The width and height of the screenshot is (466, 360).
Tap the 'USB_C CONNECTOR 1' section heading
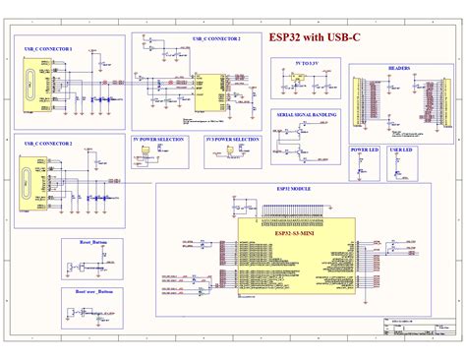(x=48, y=49)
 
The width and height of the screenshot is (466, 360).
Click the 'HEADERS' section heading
(x=399, y=69)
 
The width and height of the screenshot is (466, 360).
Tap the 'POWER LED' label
(x=364, y=150)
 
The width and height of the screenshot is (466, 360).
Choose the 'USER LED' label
(x=401, y=150)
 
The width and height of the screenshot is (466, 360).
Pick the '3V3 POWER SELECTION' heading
(x=232, y=140)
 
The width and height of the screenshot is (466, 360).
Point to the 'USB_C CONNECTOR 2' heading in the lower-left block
(x=48, y=144)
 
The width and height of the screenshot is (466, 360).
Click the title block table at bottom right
(x=414, y=330)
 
